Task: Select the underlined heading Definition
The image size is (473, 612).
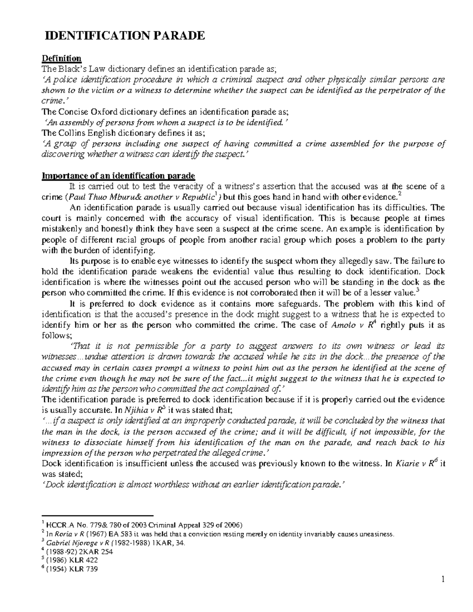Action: point(61,58)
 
